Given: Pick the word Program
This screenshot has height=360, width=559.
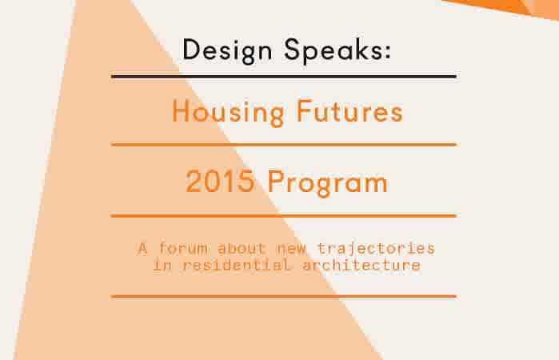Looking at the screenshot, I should (328, 183).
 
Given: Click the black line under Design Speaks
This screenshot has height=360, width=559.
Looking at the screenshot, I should (283, 77).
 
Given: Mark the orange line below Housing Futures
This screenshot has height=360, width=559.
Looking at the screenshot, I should (283, 145).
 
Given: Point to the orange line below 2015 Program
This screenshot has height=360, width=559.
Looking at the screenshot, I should (283, 216).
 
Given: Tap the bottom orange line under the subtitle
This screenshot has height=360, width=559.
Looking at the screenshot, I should (283, 296).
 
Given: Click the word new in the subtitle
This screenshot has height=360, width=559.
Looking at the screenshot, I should (290, 247).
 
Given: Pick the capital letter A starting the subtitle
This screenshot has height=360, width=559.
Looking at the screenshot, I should (142, 247).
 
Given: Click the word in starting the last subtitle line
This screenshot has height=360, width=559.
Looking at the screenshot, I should (161, 265).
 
